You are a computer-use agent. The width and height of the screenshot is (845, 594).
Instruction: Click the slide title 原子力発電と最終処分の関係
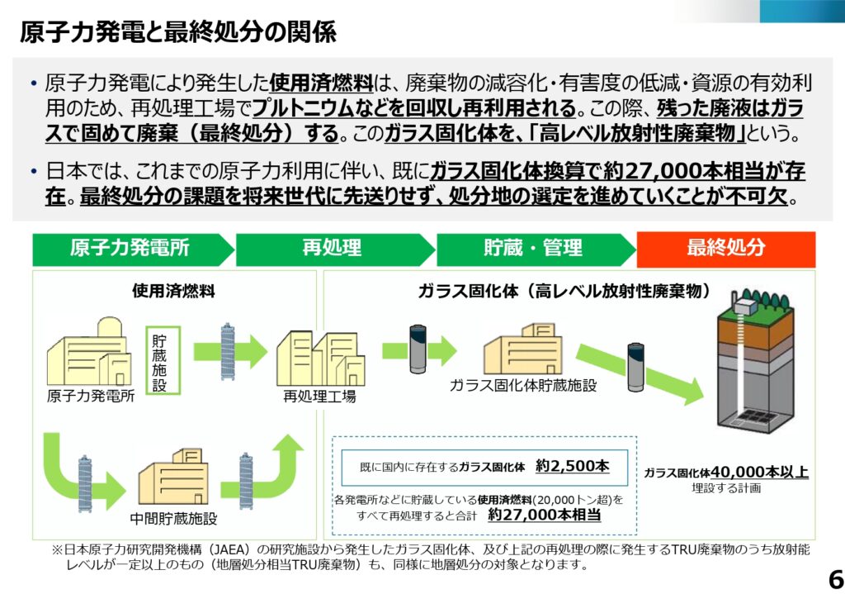click(x=177, y=32)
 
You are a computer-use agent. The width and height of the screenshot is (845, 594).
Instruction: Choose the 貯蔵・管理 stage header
click(x=532, y=249)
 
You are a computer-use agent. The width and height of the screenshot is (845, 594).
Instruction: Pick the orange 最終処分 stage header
click(x=725, y=249)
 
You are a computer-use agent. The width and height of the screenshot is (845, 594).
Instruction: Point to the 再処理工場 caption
click(x=320, y=397)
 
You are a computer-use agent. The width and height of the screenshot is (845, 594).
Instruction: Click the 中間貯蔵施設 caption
click(x=174, y=520)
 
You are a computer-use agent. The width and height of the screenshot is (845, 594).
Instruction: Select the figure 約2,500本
click(x=572, y=467)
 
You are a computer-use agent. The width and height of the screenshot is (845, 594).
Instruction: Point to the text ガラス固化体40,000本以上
click(x=726, y=473)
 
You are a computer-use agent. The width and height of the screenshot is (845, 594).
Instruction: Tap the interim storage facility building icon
click(x=174, y=479)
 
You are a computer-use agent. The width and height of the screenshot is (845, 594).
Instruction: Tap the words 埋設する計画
click(x=726, y=489)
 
